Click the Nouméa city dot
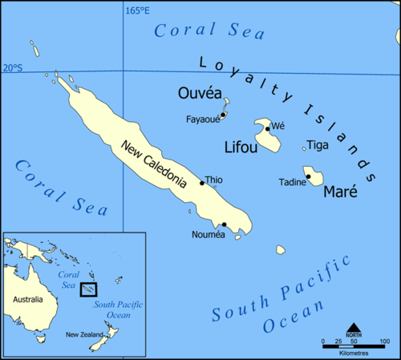[225, 224]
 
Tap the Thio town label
[214, 180]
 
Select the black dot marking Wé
[268, 128]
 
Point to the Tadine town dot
[308, 176]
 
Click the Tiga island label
[318, 145]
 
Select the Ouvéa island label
[199, 94]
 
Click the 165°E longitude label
[137, 10]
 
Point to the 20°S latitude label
[13, 67]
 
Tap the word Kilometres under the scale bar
[353, 353]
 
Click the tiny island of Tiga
[304, 148]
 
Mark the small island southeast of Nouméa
[282, 249]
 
